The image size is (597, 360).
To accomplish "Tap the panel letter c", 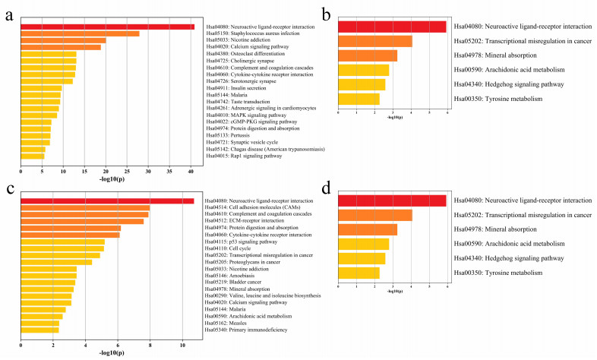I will pos(9,188).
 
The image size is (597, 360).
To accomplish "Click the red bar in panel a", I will pos(107,27).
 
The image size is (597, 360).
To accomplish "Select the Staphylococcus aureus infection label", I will pos(251,34).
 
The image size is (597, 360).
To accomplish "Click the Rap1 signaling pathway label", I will pos(243,156).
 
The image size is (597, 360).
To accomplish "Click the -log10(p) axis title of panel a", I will pos(106,179).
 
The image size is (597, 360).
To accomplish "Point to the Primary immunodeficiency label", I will pos(247,330).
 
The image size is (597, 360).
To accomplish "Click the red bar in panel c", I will pos(107,201).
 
